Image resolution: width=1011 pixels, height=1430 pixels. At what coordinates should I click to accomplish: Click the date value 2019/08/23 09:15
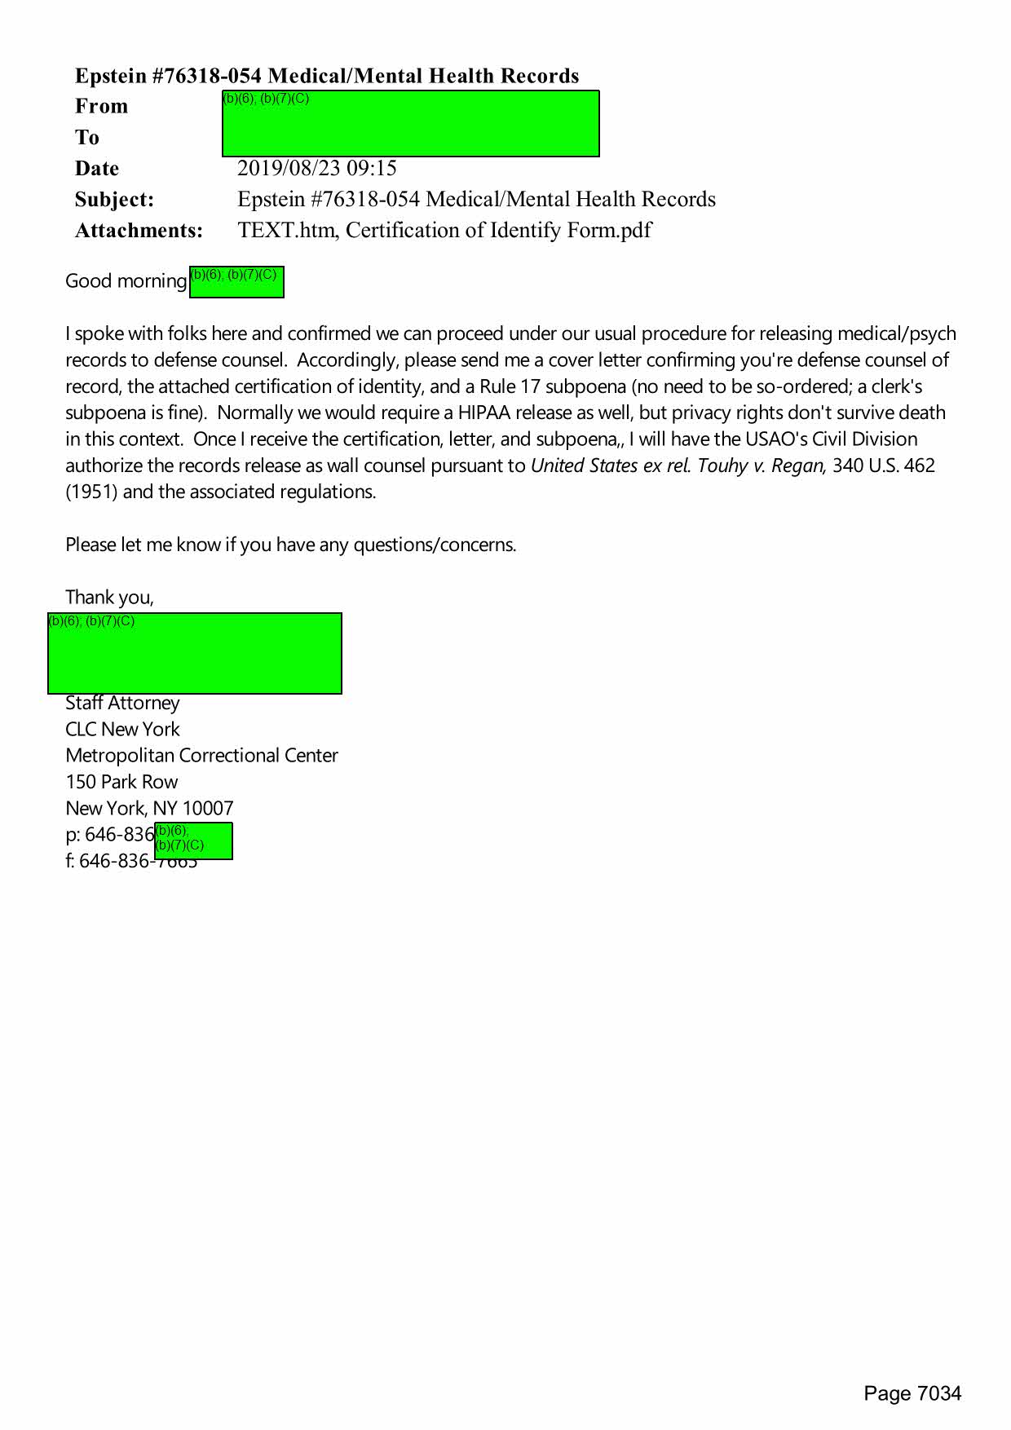pos(316,169)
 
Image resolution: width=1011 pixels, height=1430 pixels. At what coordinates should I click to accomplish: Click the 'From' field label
pos(101,107)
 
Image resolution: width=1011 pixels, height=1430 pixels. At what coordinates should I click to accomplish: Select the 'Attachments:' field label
pos(139,231)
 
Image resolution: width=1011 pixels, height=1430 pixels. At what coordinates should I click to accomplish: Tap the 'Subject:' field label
pos(114,200)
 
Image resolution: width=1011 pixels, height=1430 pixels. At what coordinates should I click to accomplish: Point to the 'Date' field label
pos(97,169)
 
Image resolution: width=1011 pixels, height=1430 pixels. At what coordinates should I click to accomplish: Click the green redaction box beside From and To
pos(410,124)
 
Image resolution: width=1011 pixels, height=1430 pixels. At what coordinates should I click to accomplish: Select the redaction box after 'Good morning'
pos(236,282)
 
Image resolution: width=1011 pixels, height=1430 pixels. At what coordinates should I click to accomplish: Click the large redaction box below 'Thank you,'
pos(194,653)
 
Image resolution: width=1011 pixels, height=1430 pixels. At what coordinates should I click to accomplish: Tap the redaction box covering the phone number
pos(193,841)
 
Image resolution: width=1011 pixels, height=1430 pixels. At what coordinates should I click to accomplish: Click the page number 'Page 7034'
pos(912,1393)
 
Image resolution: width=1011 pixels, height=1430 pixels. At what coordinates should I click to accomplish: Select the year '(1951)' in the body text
pos(91,492)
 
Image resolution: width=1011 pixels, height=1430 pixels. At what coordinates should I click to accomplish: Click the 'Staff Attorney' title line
pos(122,703)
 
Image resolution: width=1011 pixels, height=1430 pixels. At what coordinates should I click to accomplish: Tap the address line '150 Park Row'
pos(121,782)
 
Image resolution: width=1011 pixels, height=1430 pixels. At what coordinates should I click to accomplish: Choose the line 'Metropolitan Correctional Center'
pos(201,756)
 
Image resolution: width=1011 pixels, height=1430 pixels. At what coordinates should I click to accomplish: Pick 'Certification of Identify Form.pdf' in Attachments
pos(498,231)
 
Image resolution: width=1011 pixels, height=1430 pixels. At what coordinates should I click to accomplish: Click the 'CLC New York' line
pos(122,729)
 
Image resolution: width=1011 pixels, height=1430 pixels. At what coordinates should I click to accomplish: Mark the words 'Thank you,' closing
pos(109,598)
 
